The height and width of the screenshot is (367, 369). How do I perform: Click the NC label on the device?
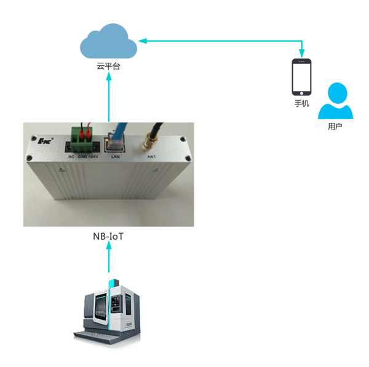71,157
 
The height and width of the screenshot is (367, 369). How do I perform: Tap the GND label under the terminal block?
82,157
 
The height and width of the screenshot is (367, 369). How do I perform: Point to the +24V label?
94,157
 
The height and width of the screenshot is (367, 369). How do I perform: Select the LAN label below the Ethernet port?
114,157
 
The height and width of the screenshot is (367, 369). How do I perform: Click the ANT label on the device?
151,157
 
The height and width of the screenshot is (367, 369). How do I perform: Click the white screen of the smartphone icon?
301,77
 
